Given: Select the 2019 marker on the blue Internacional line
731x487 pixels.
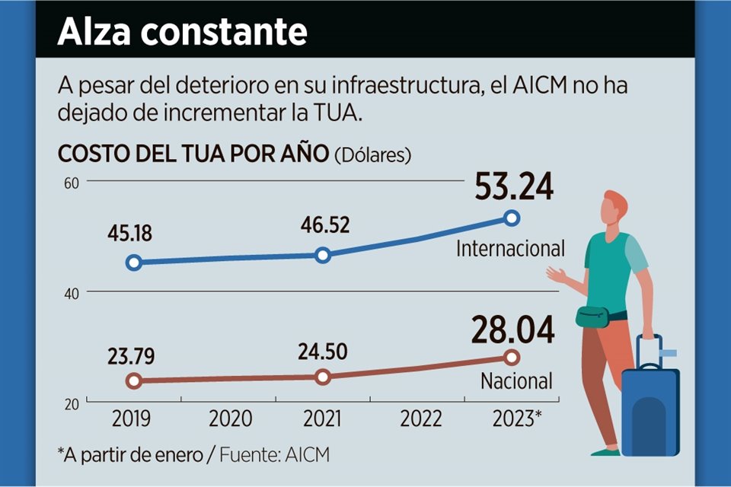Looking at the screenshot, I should click(x=134, y=263).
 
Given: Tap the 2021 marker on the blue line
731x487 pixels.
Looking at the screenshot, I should click(x=323, y=255).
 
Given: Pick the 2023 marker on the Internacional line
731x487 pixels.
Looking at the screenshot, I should click(x=512, y=218).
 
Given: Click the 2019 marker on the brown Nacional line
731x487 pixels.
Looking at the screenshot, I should click(x=134, y=380).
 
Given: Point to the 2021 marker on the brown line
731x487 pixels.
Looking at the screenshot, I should click(x=323, y=377).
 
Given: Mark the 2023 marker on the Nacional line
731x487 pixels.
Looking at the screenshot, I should click(x=512, y=357).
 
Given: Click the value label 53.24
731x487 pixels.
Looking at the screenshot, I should click(x=513, y=188).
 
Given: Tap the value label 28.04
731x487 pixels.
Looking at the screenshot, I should click(x=512, y=329).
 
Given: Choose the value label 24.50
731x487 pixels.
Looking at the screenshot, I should click(x=322, y=352).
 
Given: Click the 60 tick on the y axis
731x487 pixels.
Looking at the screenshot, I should click(x=72, y=182).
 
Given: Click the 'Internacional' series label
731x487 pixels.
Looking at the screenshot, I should click(x=510, y=248).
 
